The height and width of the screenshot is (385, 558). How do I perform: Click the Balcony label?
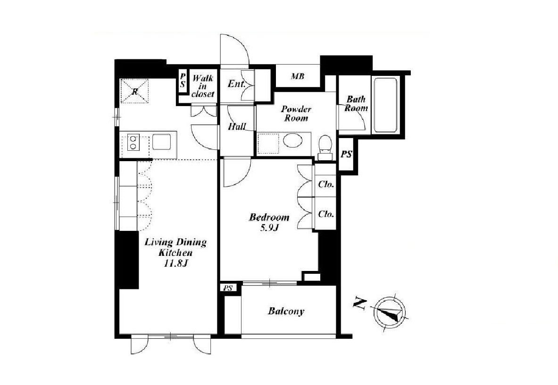click(286, 312)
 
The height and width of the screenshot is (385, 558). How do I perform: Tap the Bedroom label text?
click(269, 217)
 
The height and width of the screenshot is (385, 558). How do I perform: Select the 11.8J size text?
click(176, 264)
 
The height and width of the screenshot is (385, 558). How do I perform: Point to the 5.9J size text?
click(269, 228)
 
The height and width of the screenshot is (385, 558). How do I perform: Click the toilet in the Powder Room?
click(325, 147)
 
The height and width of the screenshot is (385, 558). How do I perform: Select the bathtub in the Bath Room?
click(385, 105)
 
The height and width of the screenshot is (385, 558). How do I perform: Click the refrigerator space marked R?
click(134, 91)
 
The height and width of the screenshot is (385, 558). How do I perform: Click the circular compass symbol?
click(389, 313)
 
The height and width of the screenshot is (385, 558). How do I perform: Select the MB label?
click(297, 76)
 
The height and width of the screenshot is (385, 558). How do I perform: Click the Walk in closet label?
click(203, 86)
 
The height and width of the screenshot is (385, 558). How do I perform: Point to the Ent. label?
click(237, 84)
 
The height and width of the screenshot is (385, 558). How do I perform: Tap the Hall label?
click(237, 126)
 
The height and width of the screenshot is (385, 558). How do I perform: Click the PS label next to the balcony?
click(228, 288)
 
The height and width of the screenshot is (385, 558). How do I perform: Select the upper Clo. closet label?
click(326, 184)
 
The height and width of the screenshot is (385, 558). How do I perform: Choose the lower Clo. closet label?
click(326, 214)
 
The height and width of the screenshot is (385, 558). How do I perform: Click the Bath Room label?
click(356, 104)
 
